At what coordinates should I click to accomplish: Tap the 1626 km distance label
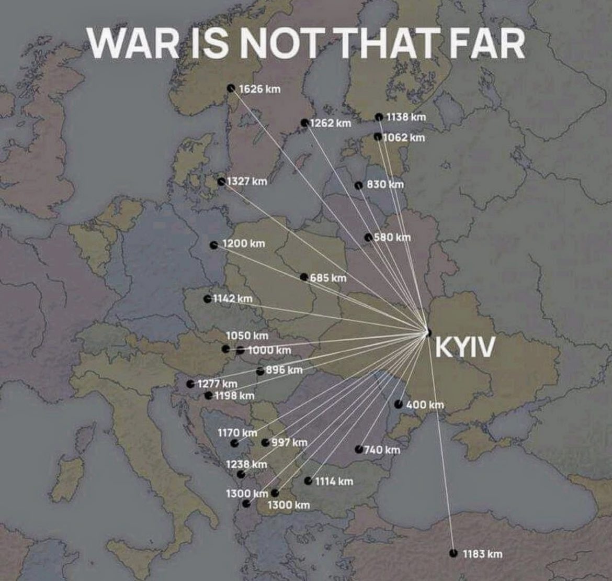coord(259,88)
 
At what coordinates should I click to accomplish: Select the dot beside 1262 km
coord(304,122)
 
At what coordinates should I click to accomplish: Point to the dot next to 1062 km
coord(378,137)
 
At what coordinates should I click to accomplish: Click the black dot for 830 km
coord(358,185)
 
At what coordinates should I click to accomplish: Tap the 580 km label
coord(392,237)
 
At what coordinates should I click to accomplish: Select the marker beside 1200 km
coord(213,245)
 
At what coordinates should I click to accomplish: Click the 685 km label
coord(328,277)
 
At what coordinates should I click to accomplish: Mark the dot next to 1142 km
coord(208,299)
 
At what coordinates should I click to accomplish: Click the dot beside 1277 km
coord(190,384)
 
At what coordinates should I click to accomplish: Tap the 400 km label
coord(425,404)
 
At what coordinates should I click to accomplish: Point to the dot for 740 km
coord(358,449)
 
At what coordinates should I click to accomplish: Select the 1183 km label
coord(482,554)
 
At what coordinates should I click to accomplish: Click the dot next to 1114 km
coord(308,481)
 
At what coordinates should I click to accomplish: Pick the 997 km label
coord(289,442)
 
